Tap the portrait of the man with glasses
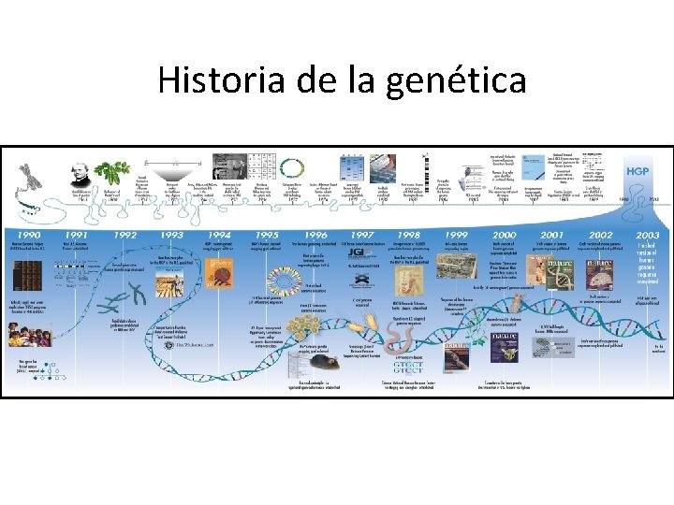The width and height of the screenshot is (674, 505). [x=81, y=172]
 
